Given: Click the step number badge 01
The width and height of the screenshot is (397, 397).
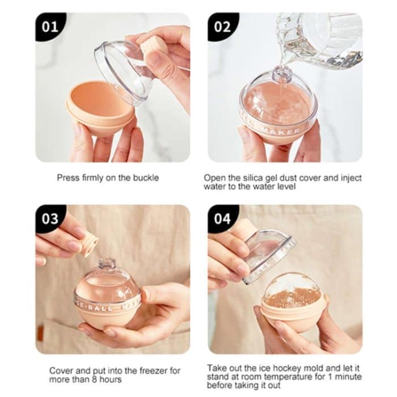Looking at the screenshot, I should (50, 27).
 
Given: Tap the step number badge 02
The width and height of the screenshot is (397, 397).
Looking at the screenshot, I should (222, 27).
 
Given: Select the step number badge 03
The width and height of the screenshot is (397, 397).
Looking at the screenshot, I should (50, 219).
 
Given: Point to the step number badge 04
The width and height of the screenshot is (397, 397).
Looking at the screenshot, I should (222, 219).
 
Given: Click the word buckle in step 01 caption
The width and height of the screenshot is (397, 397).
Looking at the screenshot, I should (146, 178).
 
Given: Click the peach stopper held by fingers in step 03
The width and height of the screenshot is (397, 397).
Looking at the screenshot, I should (88, 246).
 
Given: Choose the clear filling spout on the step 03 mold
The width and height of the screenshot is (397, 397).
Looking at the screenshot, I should (107, 264).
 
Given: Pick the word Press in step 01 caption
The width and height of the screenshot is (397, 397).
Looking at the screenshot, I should (67, 178).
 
